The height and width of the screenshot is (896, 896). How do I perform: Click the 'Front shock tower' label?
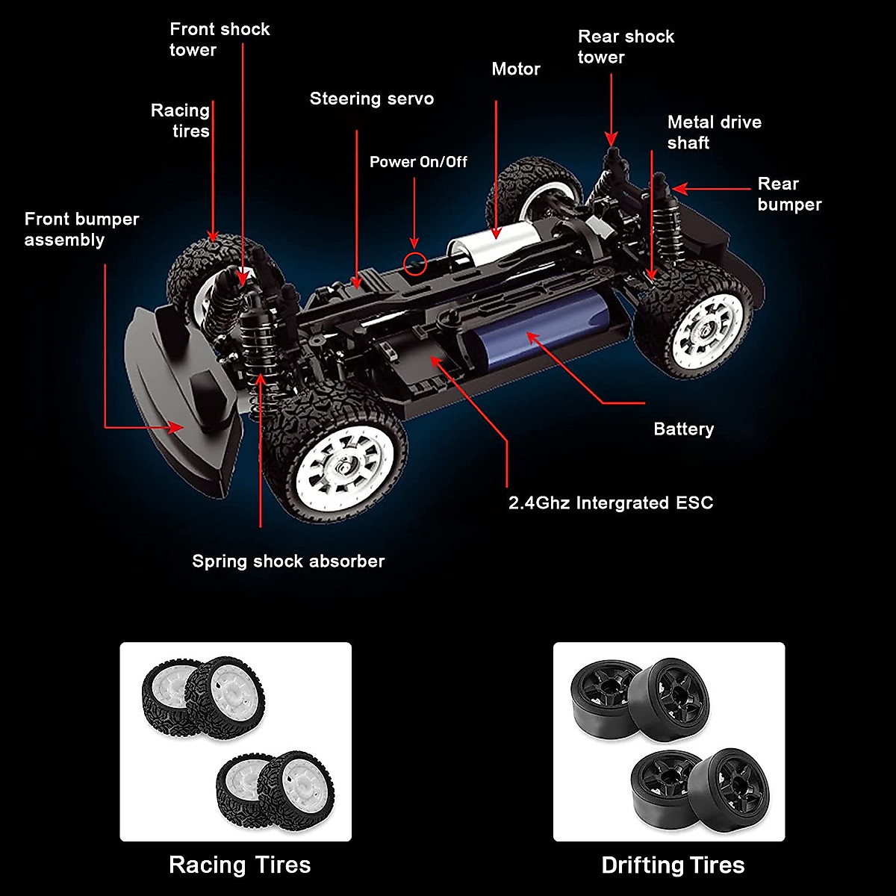pos(219,40)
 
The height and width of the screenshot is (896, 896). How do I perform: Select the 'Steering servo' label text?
pos(371,99)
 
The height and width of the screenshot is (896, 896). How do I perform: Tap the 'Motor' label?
pos(515,69)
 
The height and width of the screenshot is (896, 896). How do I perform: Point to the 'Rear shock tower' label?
pos(625,46)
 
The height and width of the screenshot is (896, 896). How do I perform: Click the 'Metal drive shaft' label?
pos(714,132)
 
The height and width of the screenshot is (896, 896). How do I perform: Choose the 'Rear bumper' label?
pos(788,194)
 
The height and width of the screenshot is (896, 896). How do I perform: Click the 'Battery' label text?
pos(683,429)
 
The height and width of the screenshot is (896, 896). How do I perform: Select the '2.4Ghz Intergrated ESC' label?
pos(610,503)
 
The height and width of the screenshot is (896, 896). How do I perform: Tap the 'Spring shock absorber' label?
pos(288,561)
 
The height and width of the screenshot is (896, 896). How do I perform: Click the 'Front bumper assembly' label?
pos(81,229)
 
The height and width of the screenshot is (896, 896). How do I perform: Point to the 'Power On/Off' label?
pos(418,162)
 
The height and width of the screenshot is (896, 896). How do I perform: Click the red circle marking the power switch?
pos(415,263)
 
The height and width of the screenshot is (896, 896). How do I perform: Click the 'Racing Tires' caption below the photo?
pos(239,865)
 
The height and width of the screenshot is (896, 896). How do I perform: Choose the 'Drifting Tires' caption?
pos(673,865)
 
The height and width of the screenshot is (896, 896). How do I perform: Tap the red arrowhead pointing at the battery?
pos(531,337)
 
